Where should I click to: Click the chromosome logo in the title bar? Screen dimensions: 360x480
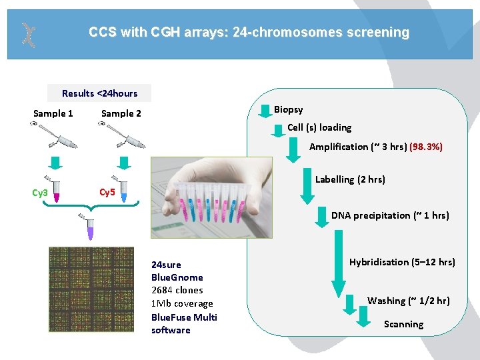pos(27,35)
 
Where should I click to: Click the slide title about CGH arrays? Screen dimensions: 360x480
pos(249,32)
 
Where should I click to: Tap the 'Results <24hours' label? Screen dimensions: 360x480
pos(99,93)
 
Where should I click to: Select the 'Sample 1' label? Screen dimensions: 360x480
pos(53,113)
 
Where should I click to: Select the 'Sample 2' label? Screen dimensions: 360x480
pos(121,113)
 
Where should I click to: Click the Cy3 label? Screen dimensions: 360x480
pos(40,193)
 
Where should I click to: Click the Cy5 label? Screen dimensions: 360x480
pos(107,193)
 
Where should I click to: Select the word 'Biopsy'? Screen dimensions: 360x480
pos(288,109)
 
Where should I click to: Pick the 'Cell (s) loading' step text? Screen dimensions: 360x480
pos(319,127)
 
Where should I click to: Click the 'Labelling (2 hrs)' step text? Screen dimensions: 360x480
pos(350,179)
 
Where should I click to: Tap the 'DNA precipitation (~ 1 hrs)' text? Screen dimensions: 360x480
pos(390,215)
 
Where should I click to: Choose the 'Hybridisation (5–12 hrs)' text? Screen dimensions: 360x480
pos(402,262)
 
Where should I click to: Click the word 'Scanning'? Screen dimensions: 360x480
pos(403,324)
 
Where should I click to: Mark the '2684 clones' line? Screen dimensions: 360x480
pos(177,290)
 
